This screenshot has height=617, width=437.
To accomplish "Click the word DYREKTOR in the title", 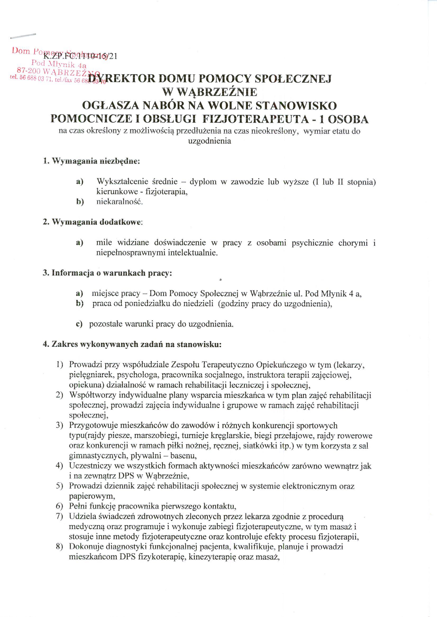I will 120,79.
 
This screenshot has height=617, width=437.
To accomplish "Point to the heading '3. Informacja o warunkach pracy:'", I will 107,273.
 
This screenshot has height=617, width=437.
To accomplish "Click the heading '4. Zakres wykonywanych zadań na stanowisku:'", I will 132,344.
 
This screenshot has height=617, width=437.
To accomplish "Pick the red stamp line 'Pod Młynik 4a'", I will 59,64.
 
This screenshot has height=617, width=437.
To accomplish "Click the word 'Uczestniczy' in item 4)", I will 90,466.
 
